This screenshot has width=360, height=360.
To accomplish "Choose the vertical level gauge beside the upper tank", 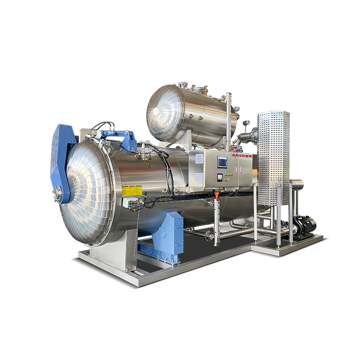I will (228, 117).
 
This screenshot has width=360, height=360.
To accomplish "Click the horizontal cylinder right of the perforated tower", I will (297, 184).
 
